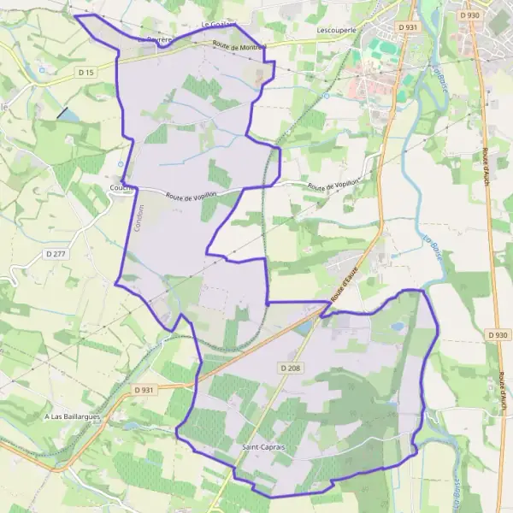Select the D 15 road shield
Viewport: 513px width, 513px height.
point(85,73)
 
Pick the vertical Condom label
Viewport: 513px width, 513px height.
point(139,217)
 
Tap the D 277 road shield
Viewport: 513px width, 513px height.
point(56,254)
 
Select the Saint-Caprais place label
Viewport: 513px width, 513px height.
point(262,447)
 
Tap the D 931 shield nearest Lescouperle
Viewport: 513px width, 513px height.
point(408,27)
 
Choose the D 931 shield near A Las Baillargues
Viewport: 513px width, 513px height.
point(144,390)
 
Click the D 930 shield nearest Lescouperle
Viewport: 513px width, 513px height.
point(469,15)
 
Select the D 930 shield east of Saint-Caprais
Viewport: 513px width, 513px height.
point(498,334)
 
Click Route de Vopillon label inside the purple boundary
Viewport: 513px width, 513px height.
point(192,195)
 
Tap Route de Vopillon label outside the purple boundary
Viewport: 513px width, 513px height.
point(332,186)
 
